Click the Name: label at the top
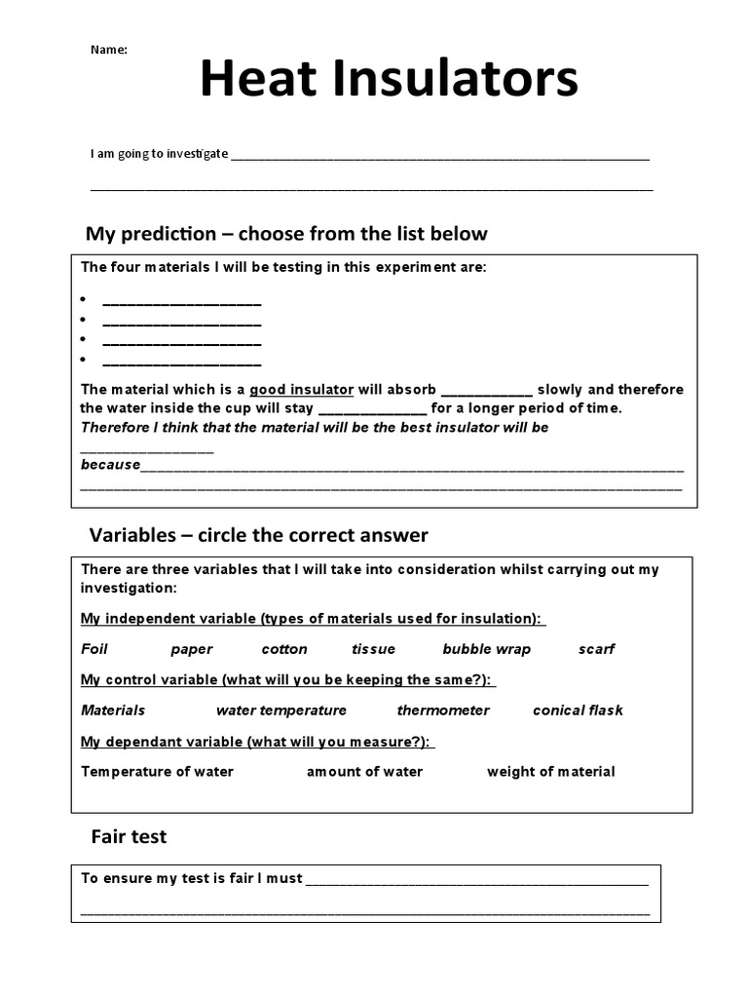109,50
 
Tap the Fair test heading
129,836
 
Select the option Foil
94,649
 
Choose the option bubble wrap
486,649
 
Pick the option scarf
596,649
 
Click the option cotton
284,649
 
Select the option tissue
374,649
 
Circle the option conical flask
578,710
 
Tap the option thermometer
443,710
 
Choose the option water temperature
281,710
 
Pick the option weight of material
551,772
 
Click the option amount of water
365,772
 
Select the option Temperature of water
157,772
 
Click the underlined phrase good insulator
301,390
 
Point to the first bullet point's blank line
181,302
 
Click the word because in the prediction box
110,465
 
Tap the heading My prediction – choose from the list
286,234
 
